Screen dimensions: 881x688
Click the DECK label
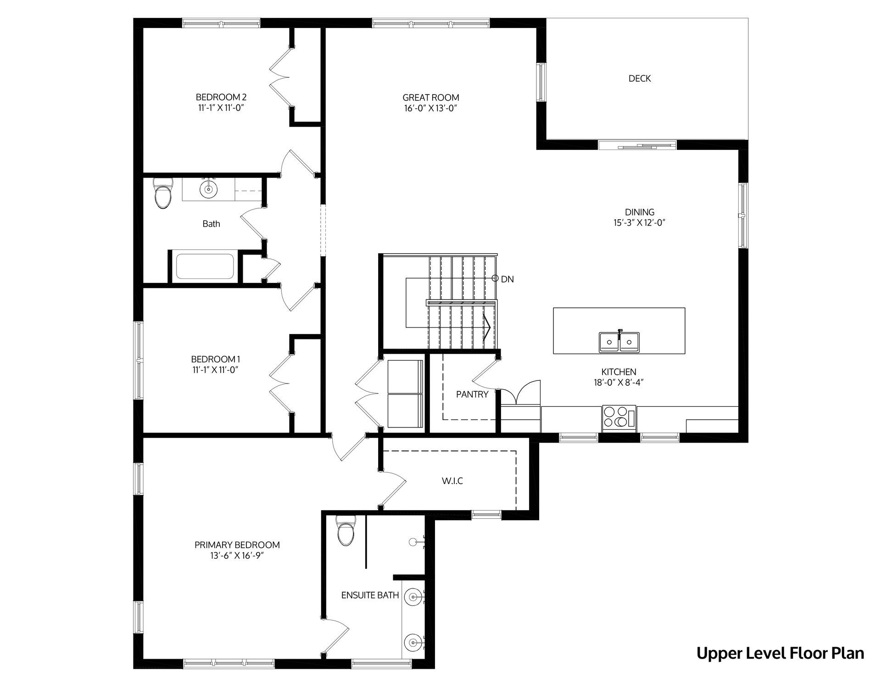point(639,78)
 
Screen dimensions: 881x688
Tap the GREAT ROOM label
point(430,97)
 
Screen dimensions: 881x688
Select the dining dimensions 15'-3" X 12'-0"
point(639,223)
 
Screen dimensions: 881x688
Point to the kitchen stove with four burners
point(619,418)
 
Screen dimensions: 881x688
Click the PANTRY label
point(472,394)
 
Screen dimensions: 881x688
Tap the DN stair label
point(507,279)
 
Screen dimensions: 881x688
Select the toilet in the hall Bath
point(163,193)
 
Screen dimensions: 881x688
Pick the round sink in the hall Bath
point(209,189)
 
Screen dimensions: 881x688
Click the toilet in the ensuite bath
point(346,531)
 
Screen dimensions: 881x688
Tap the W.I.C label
point(452,481)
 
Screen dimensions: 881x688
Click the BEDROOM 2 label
point(221,97)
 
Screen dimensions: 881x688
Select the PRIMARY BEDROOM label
point(237,545)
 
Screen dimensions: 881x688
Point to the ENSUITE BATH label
point(370,595)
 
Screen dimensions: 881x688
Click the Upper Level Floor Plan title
point(780,653)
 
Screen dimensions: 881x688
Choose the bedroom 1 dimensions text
point(216,370)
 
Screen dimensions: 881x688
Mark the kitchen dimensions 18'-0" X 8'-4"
point(619,383)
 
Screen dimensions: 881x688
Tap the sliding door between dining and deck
point(637,145)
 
